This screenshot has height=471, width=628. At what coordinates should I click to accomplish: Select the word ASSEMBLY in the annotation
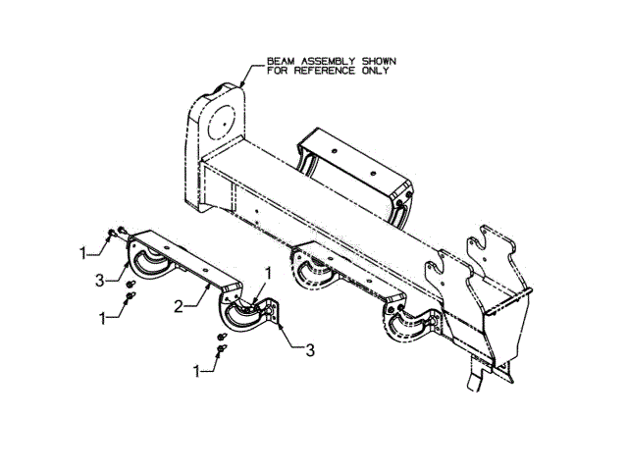point(314,60)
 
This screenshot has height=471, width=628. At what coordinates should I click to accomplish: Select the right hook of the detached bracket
point(241,317)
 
